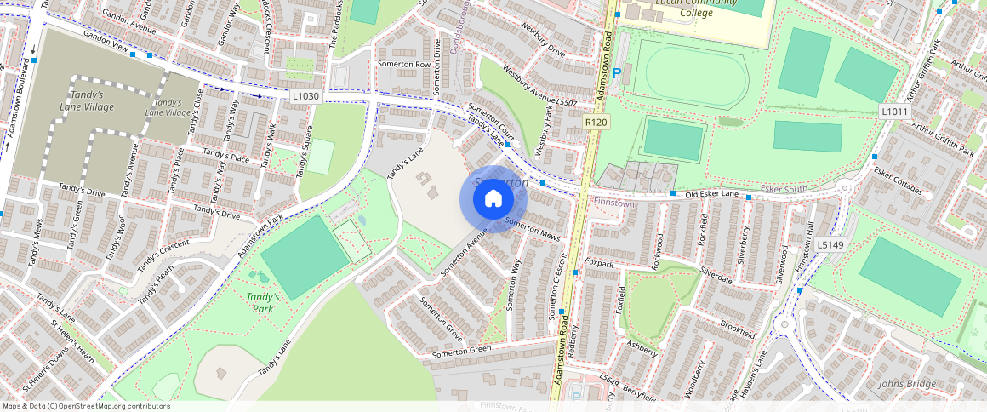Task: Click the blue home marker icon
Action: (493, 199)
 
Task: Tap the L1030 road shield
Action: (305, 96)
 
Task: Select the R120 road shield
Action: (596, 123)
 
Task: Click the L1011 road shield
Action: (893, 112)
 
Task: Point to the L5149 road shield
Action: (830, 245)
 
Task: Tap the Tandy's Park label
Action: (259, 302)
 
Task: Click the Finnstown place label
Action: (614, 203)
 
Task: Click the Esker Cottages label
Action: (898, 180)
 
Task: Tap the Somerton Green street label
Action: (461, 351)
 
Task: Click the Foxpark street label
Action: (600, 264)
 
